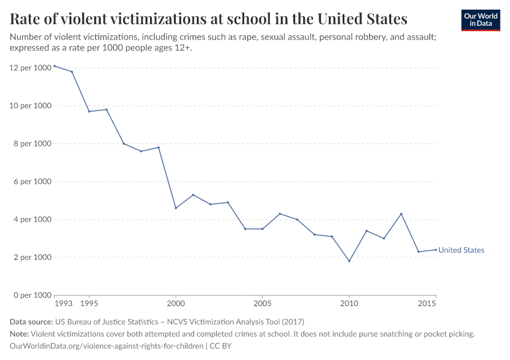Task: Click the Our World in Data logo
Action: pyautogui.click(x=480, y=20)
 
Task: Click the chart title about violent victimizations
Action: pyautogui.click(x=209, y=19)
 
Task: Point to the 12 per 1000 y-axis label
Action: pyautogui.click(x=30, y=68)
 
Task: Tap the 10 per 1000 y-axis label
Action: pyautogui.click(x=30, y=106)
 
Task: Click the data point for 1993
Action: pyautogui.click(x=55, y=66)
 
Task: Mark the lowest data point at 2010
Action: pyautogui.click(x=349, y=261)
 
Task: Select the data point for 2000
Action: pyautogui.click(x=176, y=208)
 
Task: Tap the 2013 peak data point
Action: pyautogui.click(x=401, y=214)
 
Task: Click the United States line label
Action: pyautogui.click(x=461, y=250)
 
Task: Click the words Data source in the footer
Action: pyautogui.click(x=31, y=322)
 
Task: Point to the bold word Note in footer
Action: pyautogui.click(x=19, y=334)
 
